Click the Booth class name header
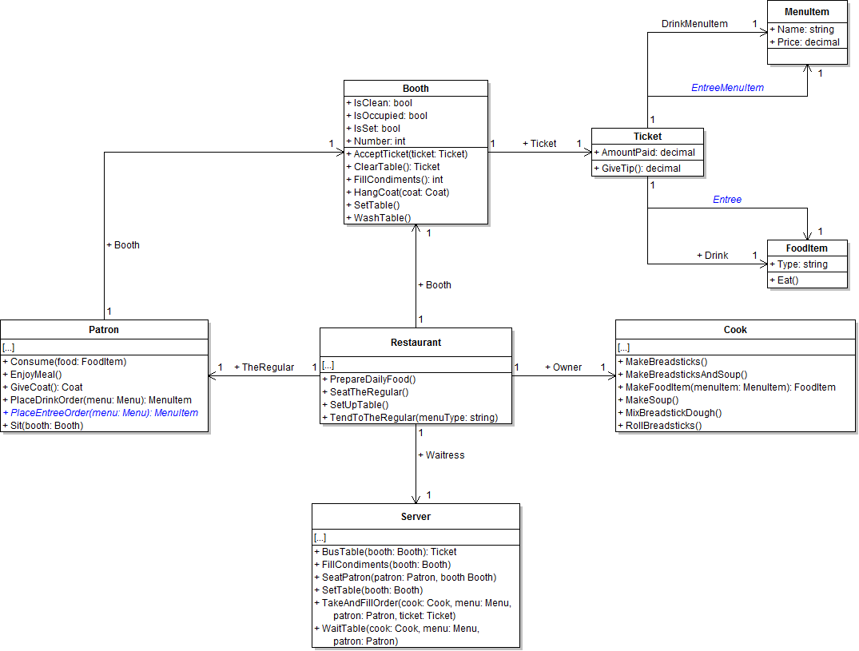416,89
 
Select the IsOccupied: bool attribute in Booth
390,116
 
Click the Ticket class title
647,137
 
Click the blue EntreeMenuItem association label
727,88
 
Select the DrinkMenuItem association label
694,24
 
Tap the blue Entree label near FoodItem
727,200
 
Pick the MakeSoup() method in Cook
652,400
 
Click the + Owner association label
563,367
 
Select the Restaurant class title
416,343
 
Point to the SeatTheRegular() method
369,392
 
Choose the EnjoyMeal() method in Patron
36,375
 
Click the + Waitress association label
440,455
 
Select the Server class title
416,517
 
